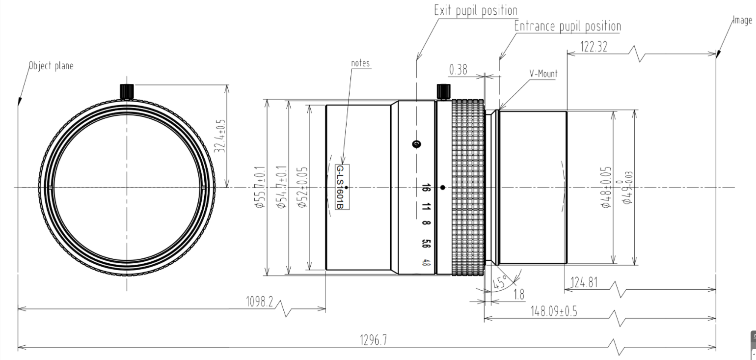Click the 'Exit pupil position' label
pyautogui.click(x=476, y=10)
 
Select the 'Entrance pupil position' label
pyautogui.click(x=567, y=27)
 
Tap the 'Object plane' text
pyautogui.click(x=51, y=65)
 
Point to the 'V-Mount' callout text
pyautogui.click(x=543, y=74)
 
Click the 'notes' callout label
pyautogui.click(x=360, y=63)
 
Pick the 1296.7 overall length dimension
pyautogui.click(x=373, y=340)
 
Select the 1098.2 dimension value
pyautogui.click(x=259, y=301)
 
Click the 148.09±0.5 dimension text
pyautogui.click(x=554, y=311)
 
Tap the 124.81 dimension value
pyautogui.click(x=584, y=282)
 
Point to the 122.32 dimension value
pyautogui.click(x=594, y=47)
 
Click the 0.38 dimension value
pyautogui.click(x=459, y=70)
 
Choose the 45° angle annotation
pyautogui.click(x=500, y=282)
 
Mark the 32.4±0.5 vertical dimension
pyautogui.click(x=221, y=136)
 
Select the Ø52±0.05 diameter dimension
pyautogui.click(x=303, y=188)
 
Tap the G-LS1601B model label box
pyautogui.click(x=342, y=187)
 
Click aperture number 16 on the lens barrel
pyautogui.click(x=426, y=188)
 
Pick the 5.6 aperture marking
pyautogui.click(x=426, y=244)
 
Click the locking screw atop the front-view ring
pyautogui.click(x=127, y=91)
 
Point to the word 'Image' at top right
pyautogui.click(x=742, y=20)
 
